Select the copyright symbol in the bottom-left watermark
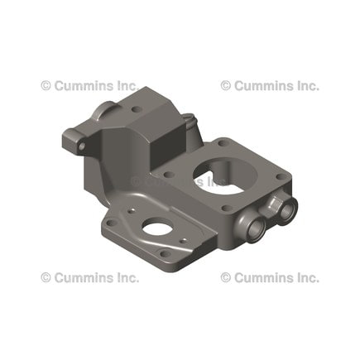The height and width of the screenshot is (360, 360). coord(46,277)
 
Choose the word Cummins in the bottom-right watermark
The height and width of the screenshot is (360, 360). coord(264,277)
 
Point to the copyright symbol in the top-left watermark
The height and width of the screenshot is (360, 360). coord(46,85)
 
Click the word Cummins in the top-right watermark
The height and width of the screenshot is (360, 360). coord(264,85)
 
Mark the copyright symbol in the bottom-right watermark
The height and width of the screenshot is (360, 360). coord(225,277)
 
